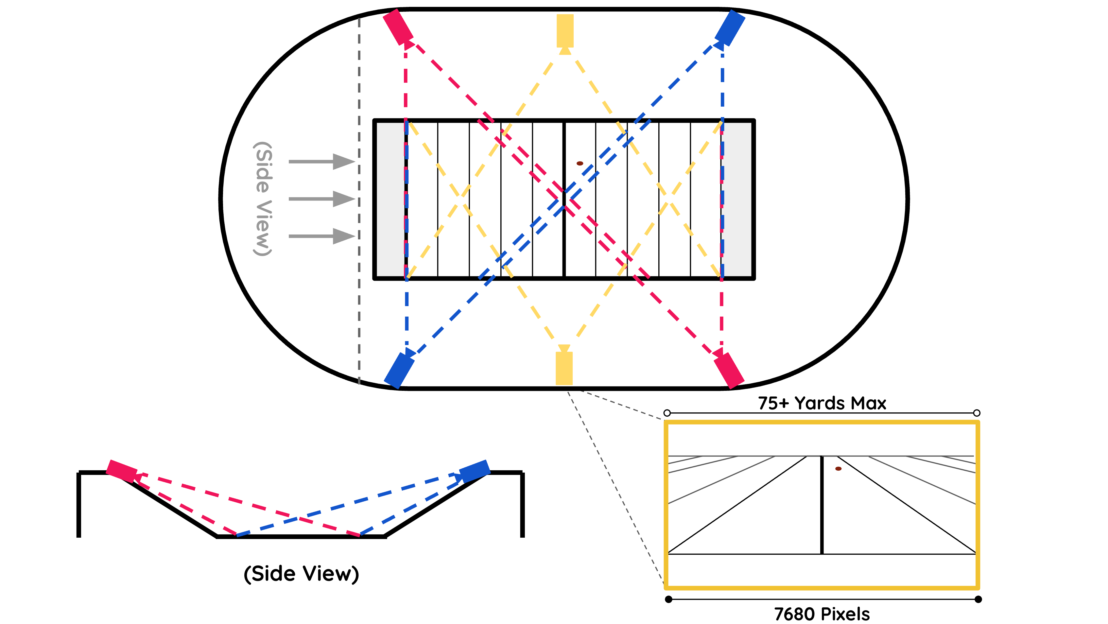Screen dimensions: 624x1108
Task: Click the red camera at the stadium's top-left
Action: click(398, 27)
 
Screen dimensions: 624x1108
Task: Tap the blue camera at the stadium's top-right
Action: click(730, 27)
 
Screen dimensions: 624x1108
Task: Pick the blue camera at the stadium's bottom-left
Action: click(399, 370)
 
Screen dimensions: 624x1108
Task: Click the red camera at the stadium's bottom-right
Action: click(729, 370)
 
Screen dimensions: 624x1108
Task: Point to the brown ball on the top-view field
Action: click(580, 164)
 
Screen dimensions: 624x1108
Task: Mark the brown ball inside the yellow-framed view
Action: click(838, 469)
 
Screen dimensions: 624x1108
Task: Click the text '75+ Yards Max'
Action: click(822, 403)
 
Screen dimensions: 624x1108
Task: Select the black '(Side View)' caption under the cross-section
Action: click(301, 574)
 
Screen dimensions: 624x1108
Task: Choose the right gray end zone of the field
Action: click(738, 199)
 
